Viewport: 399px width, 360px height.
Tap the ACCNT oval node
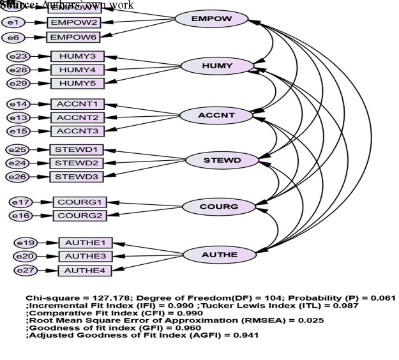click(x=207, y=116)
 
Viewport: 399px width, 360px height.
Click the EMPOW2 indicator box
click(x=74, y=22)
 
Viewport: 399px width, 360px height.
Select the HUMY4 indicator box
click(x=77, y=70)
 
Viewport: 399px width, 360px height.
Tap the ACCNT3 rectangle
click(x=77, y=131)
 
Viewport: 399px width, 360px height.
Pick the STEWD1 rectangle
click(x=77, y=150)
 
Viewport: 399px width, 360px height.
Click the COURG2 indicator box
click(x=79, y=215)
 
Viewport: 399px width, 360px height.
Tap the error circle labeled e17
click(x=22, y=202)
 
